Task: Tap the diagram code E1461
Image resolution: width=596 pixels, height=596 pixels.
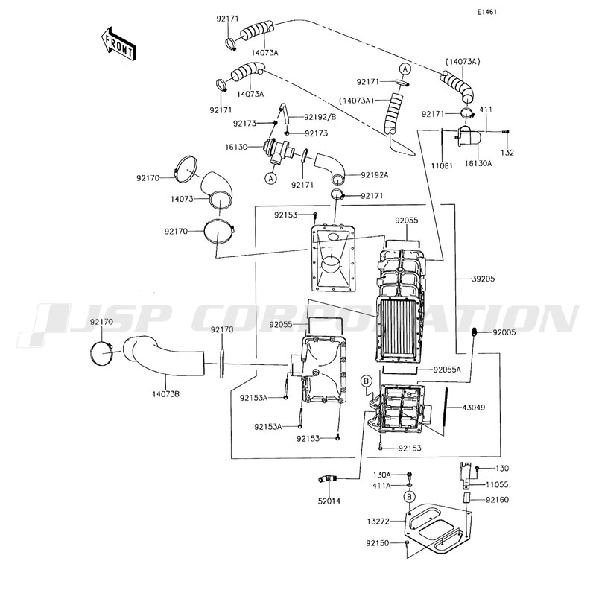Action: (x=488, y=13)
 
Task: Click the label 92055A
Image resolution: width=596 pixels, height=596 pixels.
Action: (x=448, y=369)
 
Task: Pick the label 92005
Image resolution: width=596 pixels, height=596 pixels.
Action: (x=504, y=333)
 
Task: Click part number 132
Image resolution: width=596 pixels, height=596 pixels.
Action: (x=507, y=153)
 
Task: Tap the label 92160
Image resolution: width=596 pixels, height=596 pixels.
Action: (x=498, y=499)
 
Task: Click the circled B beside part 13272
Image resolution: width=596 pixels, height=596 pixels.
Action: (x=409, y=497)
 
